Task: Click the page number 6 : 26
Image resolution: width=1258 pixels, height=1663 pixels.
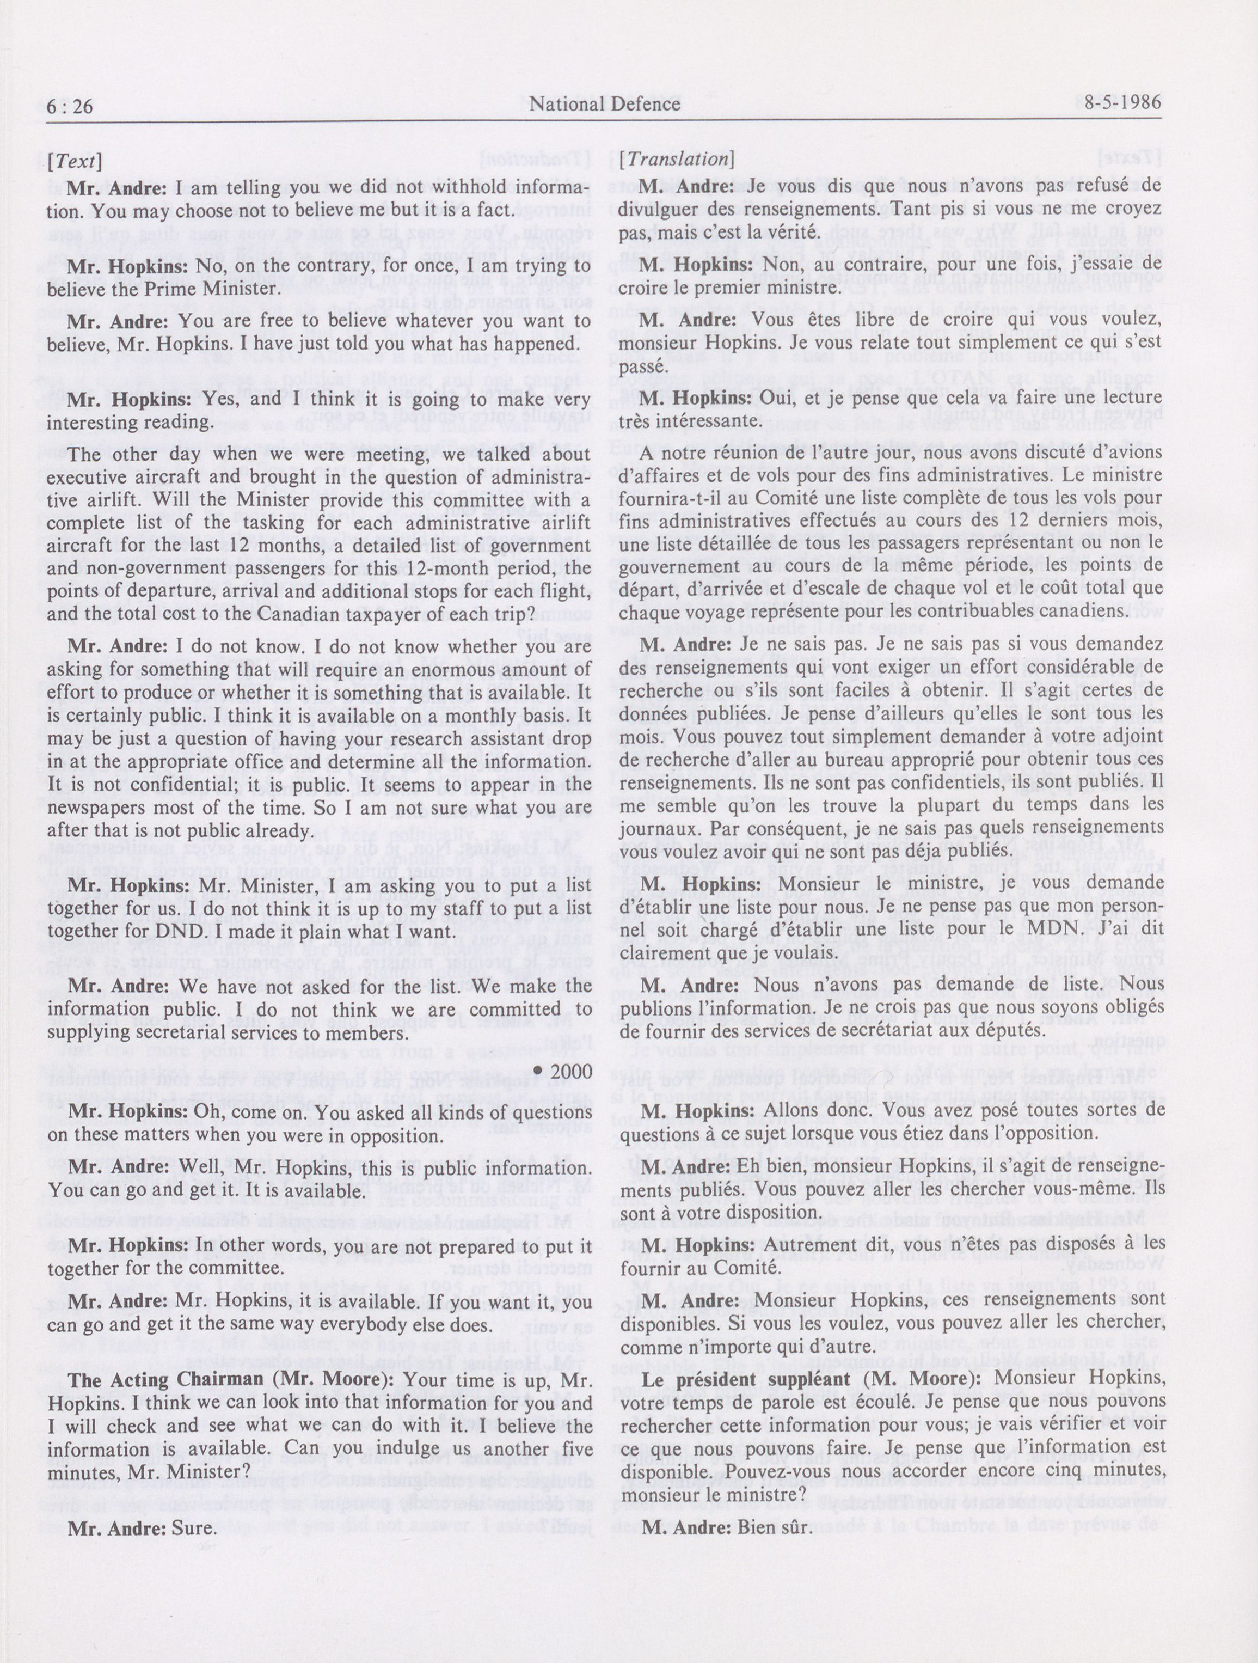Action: coord(70,107)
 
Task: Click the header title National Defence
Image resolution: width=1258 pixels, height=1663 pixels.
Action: coord(605,105)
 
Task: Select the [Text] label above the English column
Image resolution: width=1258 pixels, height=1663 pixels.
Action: coord(73,161)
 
